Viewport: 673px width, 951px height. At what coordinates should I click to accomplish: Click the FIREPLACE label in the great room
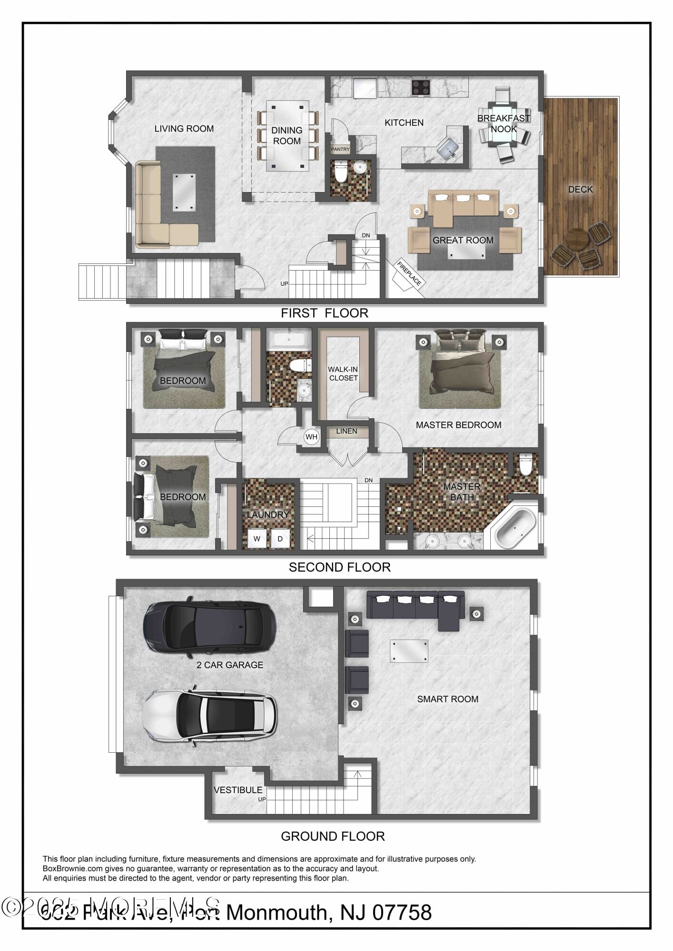pos(409,274)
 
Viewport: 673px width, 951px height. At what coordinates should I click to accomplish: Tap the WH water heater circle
pos(311,437)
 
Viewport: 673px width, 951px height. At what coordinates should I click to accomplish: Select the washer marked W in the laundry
pos(257,539)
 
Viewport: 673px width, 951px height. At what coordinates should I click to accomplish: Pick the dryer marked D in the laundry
pos(280,539)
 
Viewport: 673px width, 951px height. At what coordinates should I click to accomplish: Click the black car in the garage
pos(209,625)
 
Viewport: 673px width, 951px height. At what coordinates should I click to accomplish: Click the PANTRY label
pos(340,149)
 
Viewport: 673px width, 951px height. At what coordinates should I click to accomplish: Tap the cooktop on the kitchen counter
pos(421,87)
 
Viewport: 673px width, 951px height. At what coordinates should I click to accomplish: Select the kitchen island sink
pos(448,148)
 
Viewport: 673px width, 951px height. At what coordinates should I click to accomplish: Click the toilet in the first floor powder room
pos(340,173)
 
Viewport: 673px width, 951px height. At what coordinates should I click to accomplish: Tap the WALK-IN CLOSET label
pos(343,374)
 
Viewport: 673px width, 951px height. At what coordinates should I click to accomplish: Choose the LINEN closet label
pos(346,431)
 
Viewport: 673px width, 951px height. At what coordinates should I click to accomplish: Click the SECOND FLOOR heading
pos(339,567)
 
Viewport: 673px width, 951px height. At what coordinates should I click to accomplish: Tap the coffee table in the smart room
pos(409,651)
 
